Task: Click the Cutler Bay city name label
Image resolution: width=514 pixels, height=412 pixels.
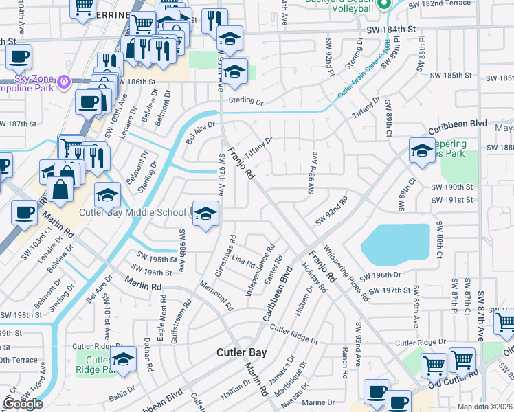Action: (x=245, y=352)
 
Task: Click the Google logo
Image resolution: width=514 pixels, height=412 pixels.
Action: (x=23, y=404)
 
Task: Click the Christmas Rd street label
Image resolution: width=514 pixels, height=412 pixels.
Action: (x=227, y=256)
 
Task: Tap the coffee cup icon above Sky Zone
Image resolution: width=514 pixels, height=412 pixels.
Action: (x=19, y=56)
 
